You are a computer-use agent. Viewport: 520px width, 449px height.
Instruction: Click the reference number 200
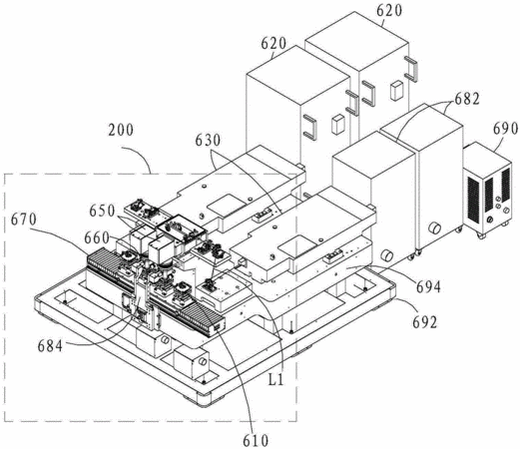[121, 130]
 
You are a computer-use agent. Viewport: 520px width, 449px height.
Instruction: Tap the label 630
[208, 141]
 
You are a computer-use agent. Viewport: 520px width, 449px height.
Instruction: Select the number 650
[102, 211]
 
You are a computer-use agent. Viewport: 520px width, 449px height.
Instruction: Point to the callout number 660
[97, 237]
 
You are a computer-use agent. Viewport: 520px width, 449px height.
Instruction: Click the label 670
[24, 220]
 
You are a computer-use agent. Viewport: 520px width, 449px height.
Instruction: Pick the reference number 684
[50, 346]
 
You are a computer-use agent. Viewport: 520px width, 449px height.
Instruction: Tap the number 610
[256, 441]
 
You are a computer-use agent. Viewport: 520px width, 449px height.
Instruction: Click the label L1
[276, 380]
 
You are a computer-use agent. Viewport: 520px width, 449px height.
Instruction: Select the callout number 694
[428, 286]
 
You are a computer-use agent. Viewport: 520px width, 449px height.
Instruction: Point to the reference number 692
[425, 322]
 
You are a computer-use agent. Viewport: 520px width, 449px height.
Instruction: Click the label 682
[467, 99]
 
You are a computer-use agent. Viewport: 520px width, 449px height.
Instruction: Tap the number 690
[505, 129]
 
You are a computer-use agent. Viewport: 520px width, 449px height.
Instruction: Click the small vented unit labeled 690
[487, 190]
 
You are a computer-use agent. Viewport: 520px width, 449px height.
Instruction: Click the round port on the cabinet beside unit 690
[434, 227]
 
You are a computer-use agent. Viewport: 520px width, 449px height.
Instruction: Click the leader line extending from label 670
[62, 232]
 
